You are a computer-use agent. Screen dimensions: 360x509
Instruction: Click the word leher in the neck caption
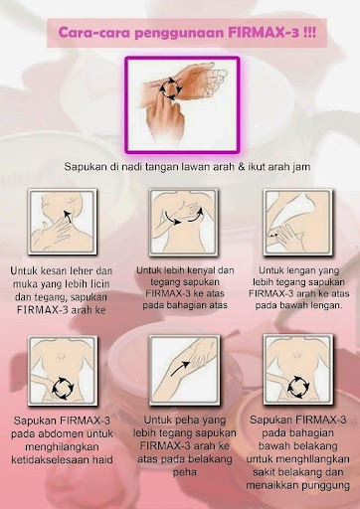point(77,270)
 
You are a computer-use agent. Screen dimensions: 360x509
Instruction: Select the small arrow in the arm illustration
point(272,236)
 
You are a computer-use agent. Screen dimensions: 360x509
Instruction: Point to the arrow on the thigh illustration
point(180,369)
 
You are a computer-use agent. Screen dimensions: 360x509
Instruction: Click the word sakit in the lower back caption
point(265,472)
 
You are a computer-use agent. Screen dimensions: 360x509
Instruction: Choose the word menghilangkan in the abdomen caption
point(62,446)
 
